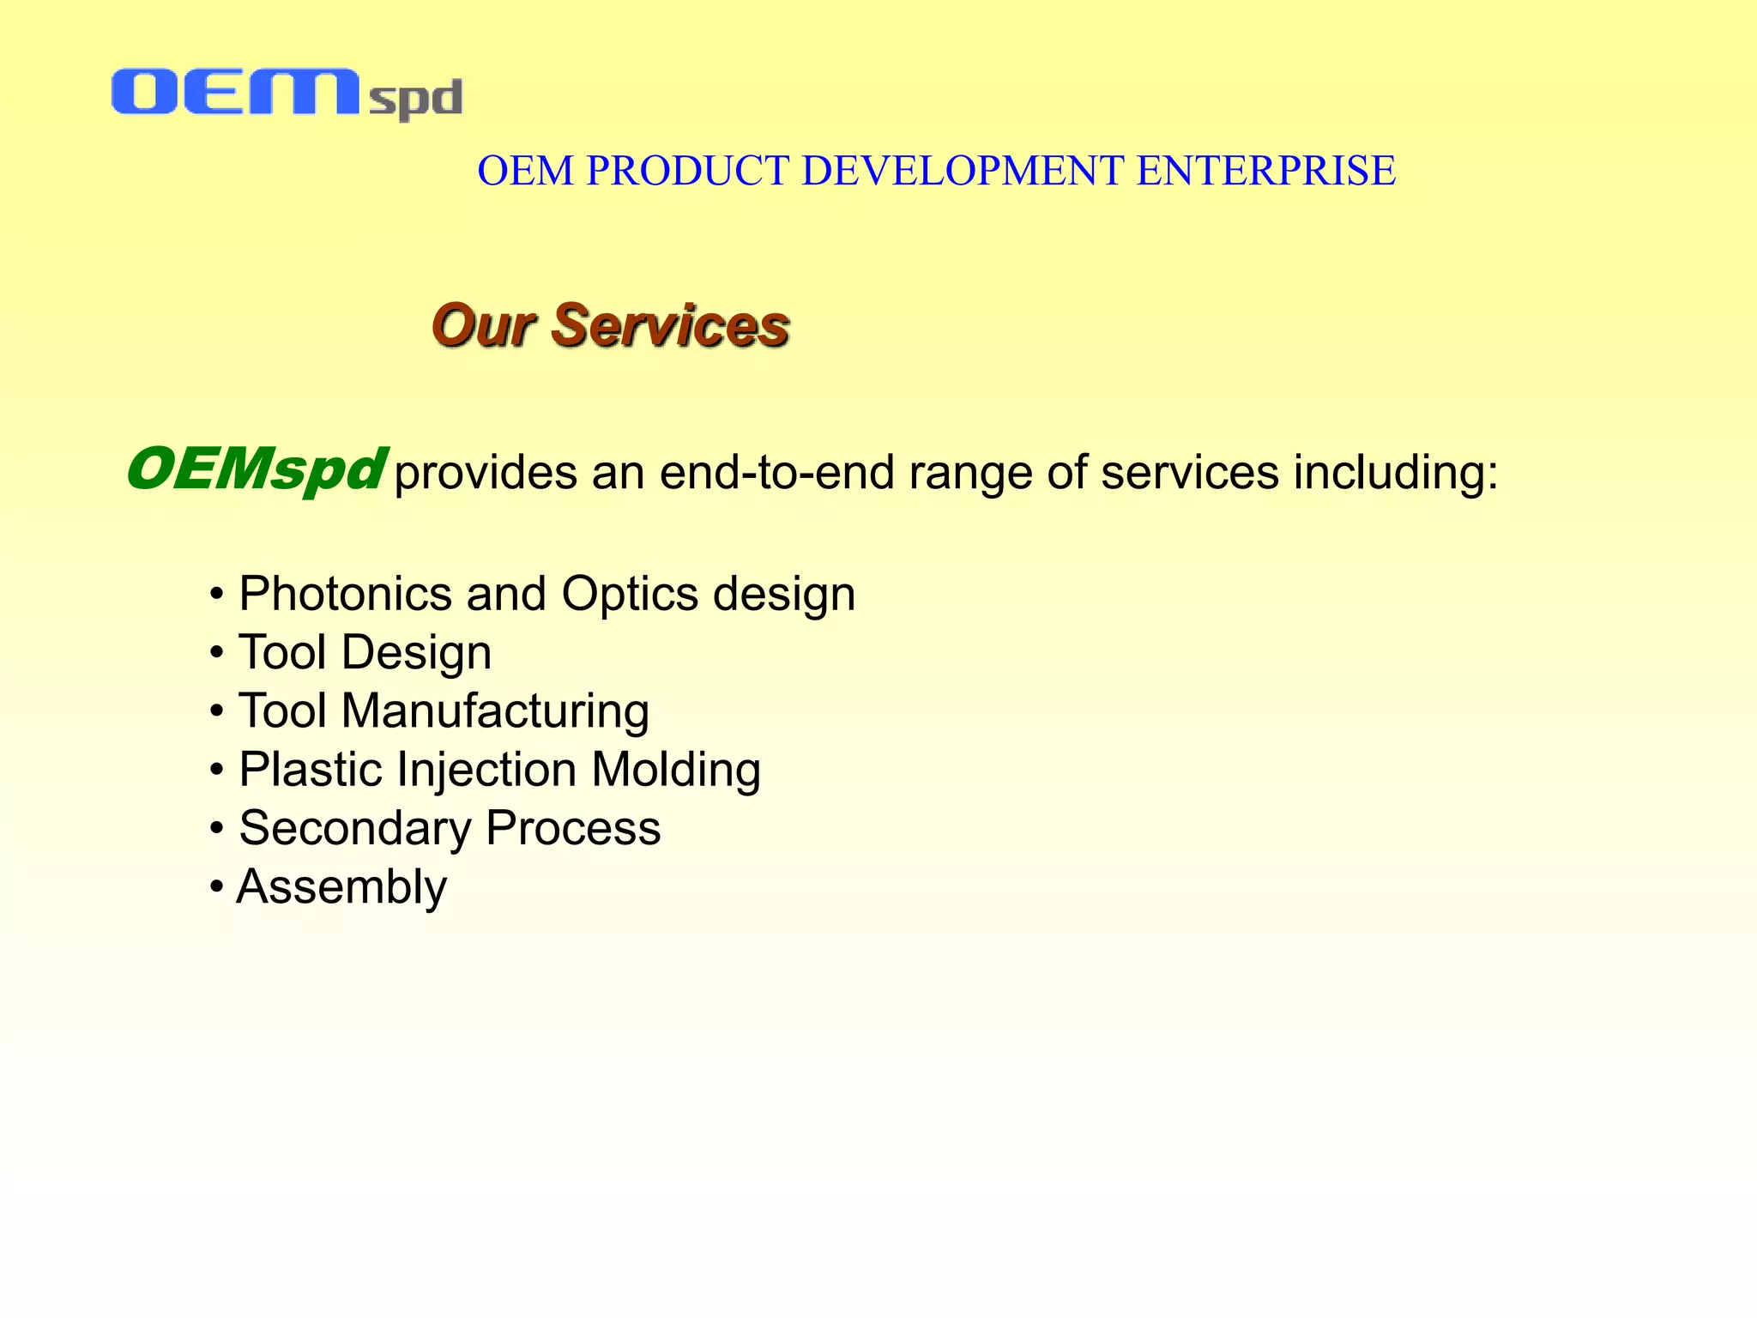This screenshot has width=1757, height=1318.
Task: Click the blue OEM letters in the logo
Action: coord(233,93)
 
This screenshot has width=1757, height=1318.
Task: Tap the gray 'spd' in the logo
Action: coord(416,100)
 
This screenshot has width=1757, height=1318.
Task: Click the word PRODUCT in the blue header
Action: coord(687,171)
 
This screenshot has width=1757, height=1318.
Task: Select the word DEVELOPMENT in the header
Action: coord(963,171)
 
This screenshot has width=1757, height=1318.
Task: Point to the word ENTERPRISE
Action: coord(1265,171)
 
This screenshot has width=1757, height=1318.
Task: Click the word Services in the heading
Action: coord(670,326)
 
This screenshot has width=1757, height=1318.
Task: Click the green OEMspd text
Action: coord(255,470)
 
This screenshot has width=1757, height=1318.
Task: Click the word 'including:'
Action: coord(1396,473)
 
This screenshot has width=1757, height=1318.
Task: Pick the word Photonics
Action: coord(345,594)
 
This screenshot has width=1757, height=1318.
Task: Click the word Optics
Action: coord(630,594)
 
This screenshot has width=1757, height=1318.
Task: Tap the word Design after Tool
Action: coord(416,653)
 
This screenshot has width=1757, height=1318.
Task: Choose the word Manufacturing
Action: coord(495,711)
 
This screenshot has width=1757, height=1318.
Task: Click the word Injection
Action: coord(486,770)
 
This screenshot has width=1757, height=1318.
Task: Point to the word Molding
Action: coord(676,770)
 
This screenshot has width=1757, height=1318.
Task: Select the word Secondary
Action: coord(355,829)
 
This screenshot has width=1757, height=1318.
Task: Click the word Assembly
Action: coord(341,887)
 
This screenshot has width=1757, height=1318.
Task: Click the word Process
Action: coord(573,829)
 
